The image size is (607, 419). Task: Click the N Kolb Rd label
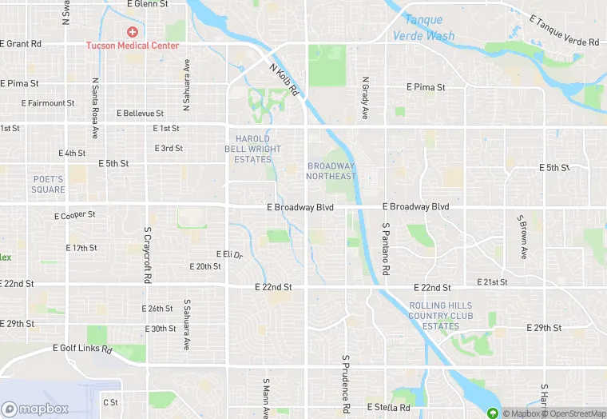click(x=284, y=78)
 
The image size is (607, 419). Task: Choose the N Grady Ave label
click(x=365, y=98)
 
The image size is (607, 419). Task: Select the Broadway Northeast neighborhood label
click(x=331, y=171)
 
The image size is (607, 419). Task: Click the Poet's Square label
click(x=49, y=184)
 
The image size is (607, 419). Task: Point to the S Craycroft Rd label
click(x=148, y=256)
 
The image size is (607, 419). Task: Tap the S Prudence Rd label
click(x=346, y=384)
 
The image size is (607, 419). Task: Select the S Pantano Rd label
click(x=385, y=249)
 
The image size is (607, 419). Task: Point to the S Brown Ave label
click(x=522, y=237)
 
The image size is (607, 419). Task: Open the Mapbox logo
click(x=35, y=409)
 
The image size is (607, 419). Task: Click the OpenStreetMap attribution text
click(x=574, y=413)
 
